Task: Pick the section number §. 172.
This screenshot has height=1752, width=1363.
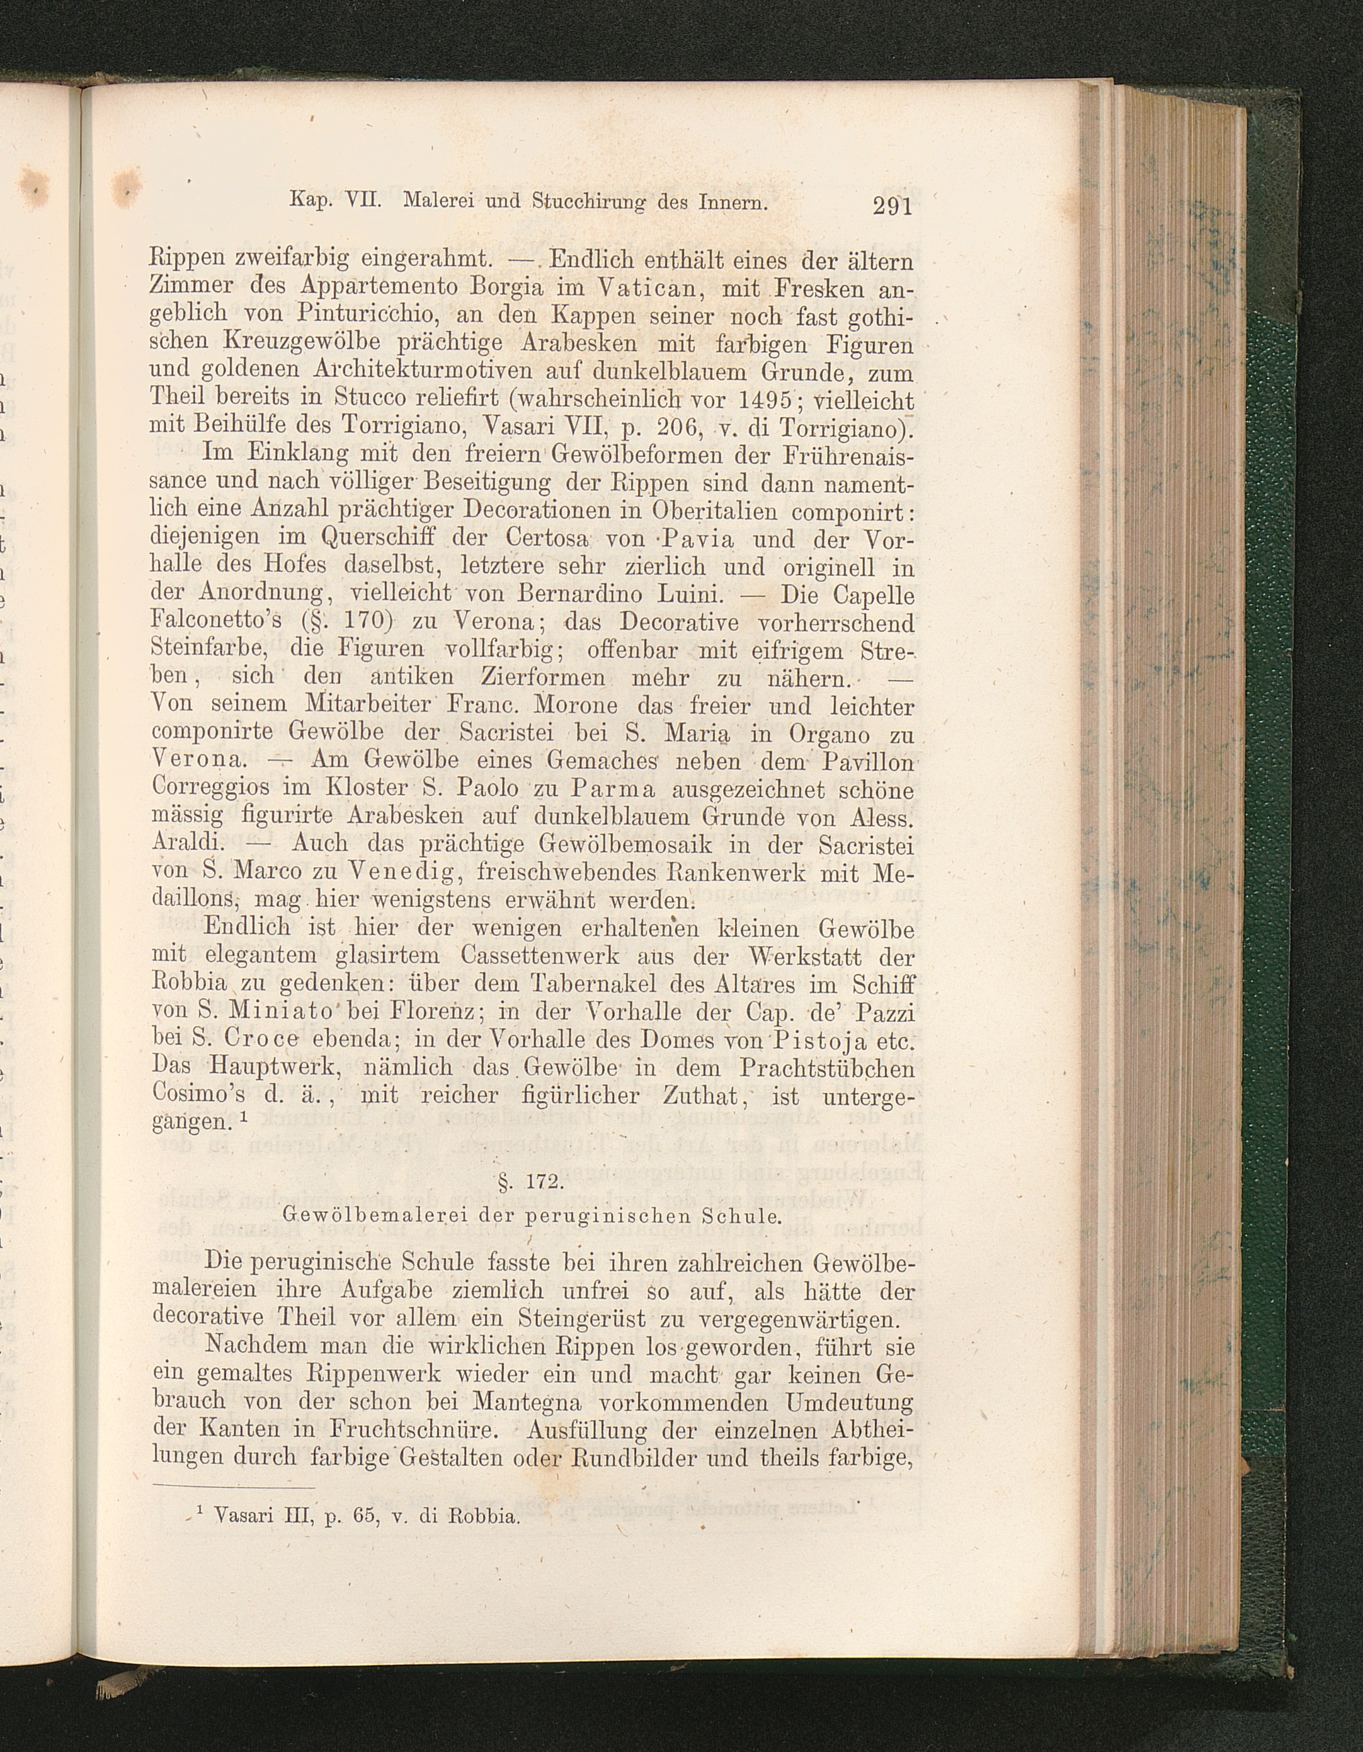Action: click(531, 1184)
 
